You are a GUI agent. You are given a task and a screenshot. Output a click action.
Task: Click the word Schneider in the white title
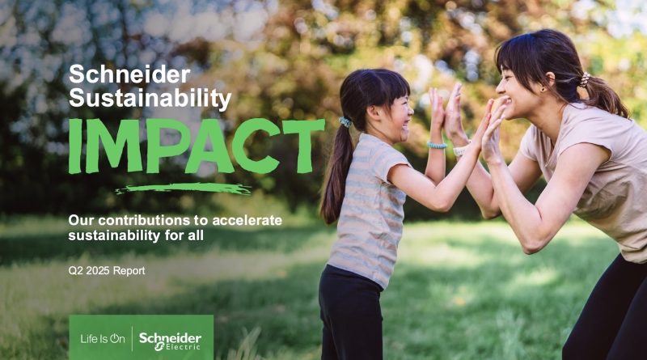(129, 74)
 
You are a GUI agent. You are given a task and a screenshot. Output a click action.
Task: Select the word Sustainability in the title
(150, 98)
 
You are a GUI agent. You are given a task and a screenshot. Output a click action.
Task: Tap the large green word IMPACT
(197, 146)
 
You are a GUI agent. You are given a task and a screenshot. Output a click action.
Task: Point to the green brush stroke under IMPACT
(184, 188)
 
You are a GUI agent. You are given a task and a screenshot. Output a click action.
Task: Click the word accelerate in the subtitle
(247, 220)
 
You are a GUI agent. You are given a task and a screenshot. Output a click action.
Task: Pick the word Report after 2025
(129, 271)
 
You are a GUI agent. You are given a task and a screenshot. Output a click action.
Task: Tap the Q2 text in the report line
(76, 271)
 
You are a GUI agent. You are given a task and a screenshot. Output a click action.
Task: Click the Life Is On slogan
(103, 339)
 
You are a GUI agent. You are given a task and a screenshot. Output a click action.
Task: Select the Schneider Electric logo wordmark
(170, 341)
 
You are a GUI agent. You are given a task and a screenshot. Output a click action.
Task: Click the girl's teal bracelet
(437, 146)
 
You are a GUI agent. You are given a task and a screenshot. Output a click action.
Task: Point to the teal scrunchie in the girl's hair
(345, 122)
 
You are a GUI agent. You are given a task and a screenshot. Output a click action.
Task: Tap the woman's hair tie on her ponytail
(584, 79)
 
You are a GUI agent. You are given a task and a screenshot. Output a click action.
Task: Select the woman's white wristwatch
(461, 150)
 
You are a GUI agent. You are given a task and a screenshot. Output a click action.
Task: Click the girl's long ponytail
(336, 173)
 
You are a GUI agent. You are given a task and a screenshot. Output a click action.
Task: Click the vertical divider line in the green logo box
(132, 338)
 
